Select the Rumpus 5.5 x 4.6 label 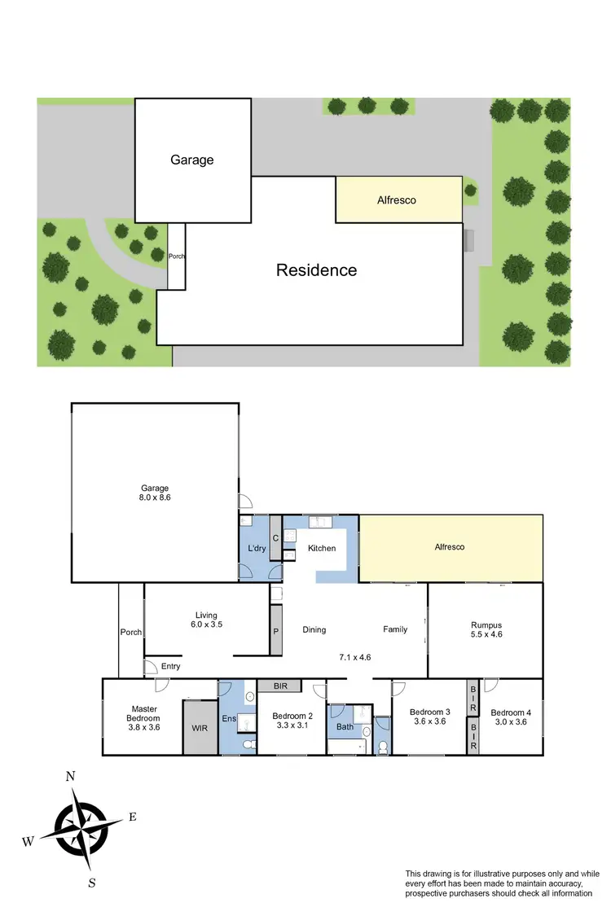pyautogui.click(x=486, y=631)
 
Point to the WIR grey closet pyautogui.click(x=200, y=728)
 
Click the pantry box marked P pyautogui.click(x=275, y=629)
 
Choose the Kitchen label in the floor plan pyautogui.click(x=322, y=548)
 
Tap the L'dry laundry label pyautogui.click(x=257, y=548)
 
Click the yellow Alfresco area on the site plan pyautogui.click(x=397, y=199)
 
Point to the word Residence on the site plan pyautogui.click(x=316, y=270)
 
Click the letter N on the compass pyautogui.click(x=71, y=777)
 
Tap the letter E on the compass pyautogui.click(x=133, y=817)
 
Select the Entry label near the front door pyautogui.click(x=170, y=666)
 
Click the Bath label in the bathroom pyautogui.click(x=345, y=727)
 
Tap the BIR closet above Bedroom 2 pyautogui.click(x=281, y=686)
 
